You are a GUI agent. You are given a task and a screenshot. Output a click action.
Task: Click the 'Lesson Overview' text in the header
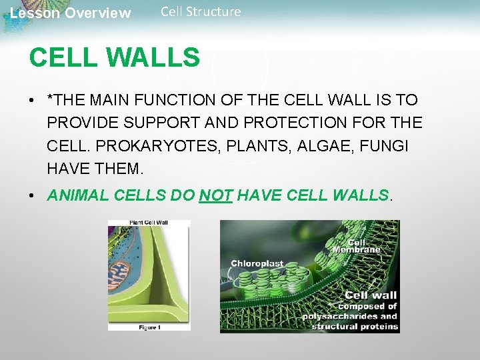pyautogui.click(x=71, y=13)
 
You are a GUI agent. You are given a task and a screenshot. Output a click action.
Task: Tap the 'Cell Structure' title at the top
pyautogui.click(x=201, y=11)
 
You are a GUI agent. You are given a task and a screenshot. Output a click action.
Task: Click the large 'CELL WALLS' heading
pyautogui.click(x=114, y=57)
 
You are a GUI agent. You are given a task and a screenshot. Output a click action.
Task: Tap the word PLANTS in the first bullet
pyautogui.click(x=248, y=145)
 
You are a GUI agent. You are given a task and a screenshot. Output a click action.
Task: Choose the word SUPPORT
pyautogui.click(x=163, y=123)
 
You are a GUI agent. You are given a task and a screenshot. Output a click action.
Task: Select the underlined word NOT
pyautogui.click(x=215, y=195)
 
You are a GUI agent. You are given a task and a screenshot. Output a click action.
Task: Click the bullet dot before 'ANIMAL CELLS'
pyautogui.click(x=32, y=196)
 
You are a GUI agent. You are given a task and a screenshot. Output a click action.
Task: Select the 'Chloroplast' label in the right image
pyautogui.click(x=257, y=263)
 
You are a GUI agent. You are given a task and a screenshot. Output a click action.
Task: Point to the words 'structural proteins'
pyautogui.click(x=355, y=326)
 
